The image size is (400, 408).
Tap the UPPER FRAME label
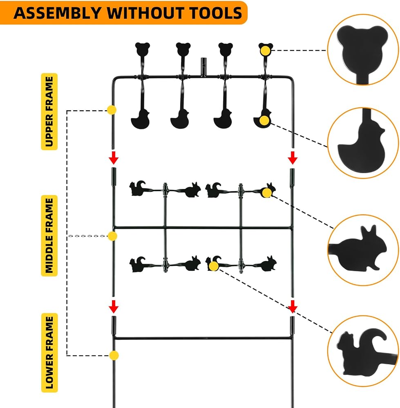point(49,112)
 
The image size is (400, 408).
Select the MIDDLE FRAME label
point(49,235)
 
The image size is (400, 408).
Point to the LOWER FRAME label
point(49,353)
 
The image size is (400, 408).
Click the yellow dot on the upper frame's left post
point(112,110)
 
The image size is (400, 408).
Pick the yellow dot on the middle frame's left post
point(112,236)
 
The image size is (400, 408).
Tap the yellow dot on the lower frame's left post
point(114,355)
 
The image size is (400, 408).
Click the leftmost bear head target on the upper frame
point(142,49)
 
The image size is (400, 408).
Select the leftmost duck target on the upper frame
point(141,120)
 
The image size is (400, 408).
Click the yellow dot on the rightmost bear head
point(265,51)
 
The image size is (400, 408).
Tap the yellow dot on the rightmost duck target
point(264,120)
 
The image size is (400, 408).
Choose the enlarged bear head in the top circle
point(362,51)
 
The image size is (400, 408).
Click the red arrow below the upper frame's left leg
point(114,157)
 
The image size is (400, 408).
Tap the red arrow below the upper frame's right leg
point(293,157)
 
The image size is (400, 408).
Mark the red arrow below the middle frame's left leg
point(114,306)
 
